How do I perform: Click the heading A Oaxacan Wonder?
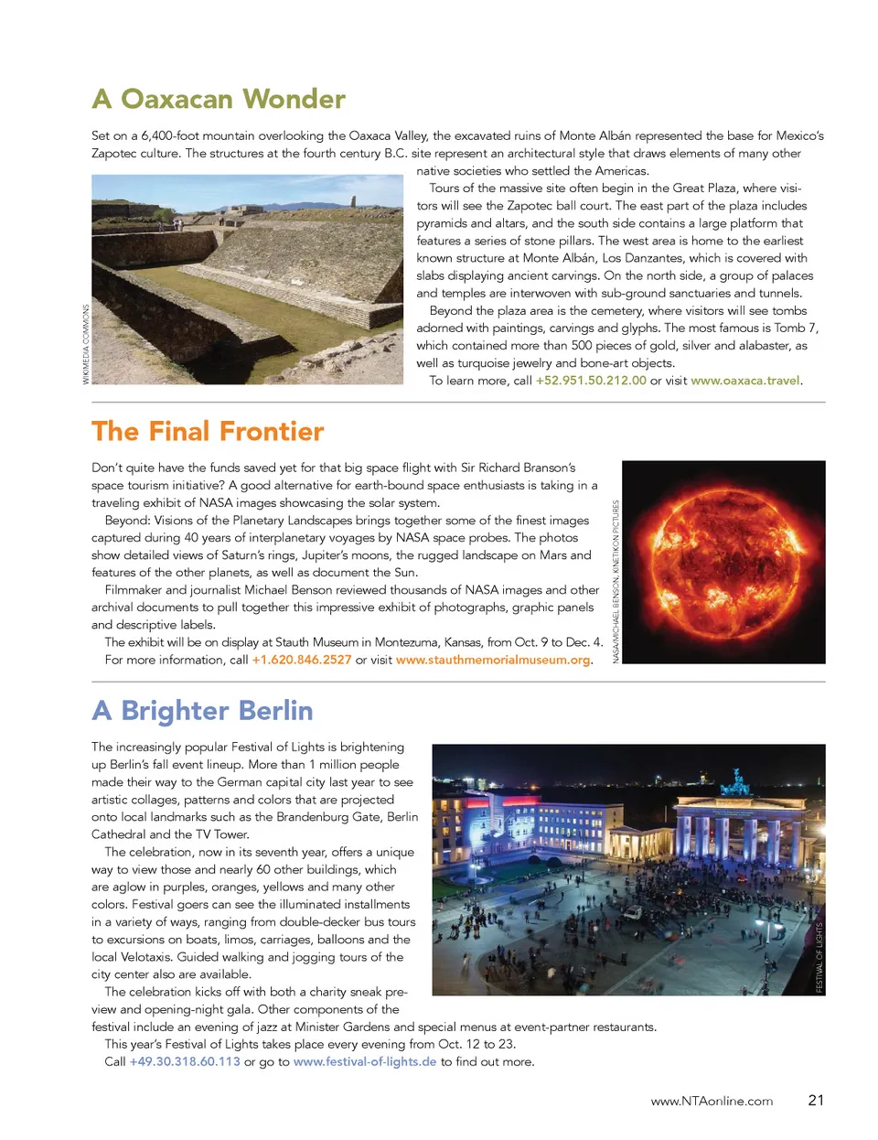click(219, 99)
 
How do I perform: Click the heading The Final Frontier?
click(208, 431)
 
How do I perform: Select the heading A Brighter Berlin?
click(202, 711)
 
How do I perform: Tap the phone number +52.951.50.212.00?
click(591, 381)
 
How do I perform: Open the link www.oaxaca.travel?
click(745, 381)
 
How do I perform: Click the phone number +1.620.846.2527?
click(302, 660)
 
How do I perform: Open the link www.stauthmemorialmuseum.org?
click(493, 660)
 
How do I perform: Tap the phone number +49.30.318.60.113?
click(185, 1061)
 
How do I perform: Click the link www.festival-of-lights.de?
click(365, 1061)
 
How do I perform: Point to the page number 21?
click(816, 1100)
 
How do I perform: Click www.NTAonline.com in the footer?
click(712, 1101)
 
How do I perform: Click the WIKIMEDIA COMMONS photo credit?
click(86, 344)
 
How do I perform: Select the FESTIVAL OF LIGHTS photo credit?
click(819, 957)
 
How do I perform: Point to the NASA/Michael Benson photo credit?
click(616, 582)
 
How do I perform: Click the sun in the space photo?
click(723, 559)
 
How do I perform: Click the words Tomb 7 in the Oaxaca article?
click(796, 328)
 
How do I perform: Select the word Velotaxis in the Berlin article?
click(146, 957)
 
